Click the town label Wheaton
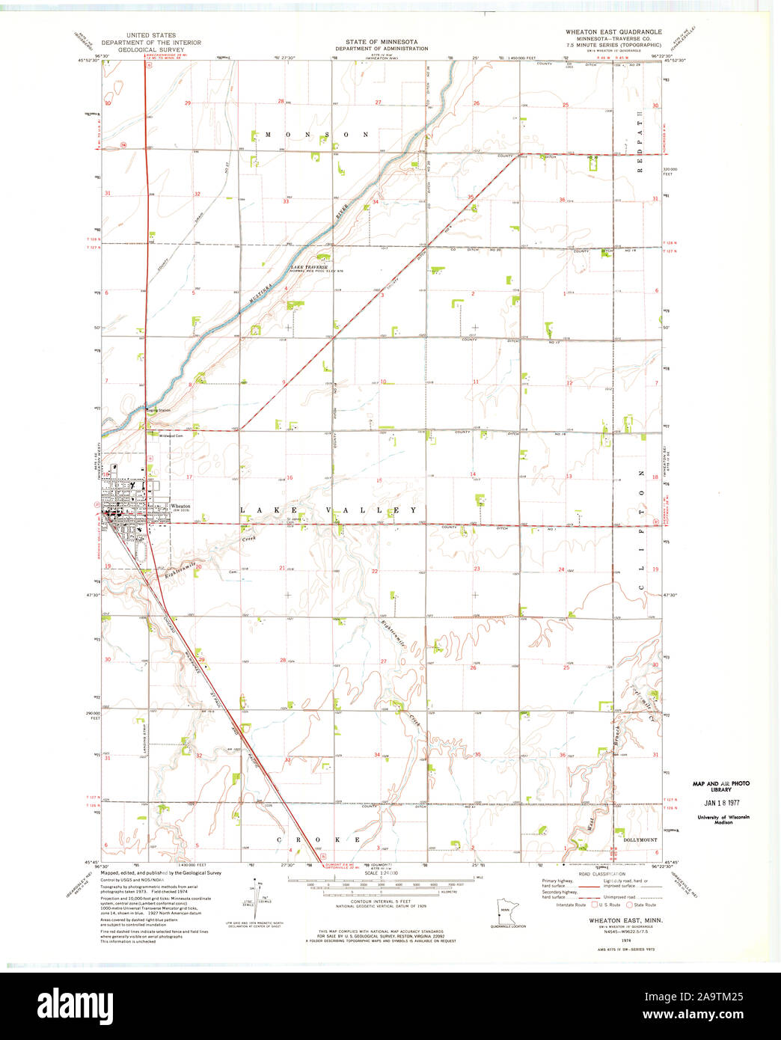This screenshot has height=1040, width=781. (180, 506)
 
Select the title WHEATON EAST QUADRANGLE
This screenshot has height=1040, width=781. (613, 33)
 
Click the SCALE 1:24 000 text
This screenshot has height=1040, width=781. (382, 874)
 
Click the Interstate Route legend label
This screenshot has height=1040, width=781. (571, 905)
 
